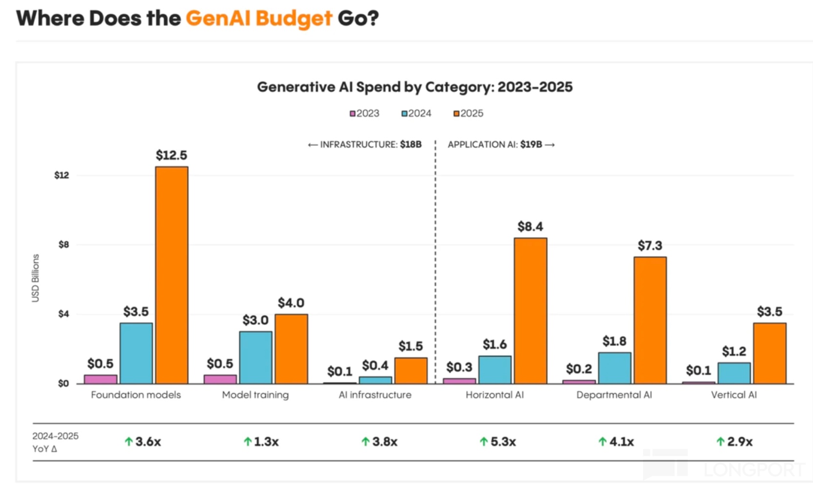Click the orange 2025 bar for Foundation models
(x=171, y=275)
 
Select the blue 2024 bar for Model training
(x=255, y=358)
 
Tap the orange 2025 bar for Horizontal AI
(x=530, y=311)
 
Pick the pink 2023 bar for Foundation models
(x=101, y=379)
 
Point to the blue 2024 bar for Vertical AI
(x=734, y=373)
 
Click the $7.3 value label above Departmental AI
(x=650, y=245)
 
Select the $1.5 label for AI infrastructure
(x=411, y=346)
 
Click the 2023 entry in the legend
(x=364, y=113)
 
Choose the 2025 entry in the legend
(x=468, y=113)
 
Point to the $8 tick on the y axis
(x=63, y=245)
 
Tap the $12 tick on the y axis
(x=62, y=175)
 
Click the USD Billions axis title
(x=36, y=278)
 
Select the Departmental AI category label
(x=614, y=395)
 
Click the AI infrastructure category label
(x=375, y=395)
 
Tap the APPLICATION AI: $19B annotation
(x=501, y=145)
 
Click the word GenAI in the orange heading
(x=218, y=19)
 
